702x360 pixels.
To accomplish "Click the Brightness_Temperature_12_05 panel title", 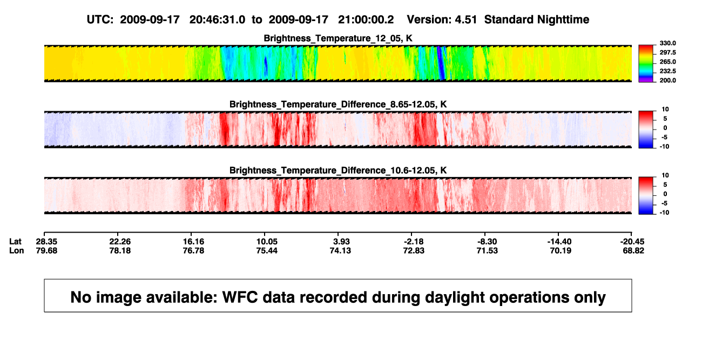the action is tap(338, 38).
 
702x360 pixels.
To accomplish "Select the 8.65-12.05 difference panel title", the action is tap(338, 104).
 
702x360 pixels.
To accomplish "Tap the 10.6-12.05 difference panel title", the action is tap(338, 171).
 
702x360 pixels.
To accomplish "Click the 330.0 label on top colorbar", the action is tap(667, 43).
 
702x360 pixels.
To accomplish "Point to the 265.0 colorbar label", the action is tap(667, 62).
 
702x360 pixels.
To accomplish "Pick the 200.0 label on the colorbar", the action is tap(667, 80).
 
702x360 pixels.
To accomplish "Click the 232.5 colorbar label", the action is tap(667, 71).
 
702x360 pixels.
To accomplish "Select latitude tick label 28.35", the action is tap(46, 242).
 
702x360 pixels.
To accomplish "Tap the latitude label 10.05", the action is tap(267, 242).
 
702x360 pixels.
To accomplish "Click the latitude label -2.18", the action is tap(413, 242).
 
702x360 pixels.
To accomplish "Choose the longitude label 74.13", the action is tap(340, 250).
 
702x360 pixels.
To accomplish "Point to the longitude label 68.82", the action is tap(633, 250).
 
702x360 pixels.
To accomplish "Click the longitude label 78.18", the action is tap(120, 250).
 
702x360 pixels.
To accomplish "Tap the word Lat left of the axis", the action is tap(15, 242).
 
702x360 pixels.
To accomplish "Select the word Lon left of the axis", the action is tap(17, 250).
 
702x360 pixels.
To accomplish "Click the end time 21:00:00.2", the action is tap(366, 20).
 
